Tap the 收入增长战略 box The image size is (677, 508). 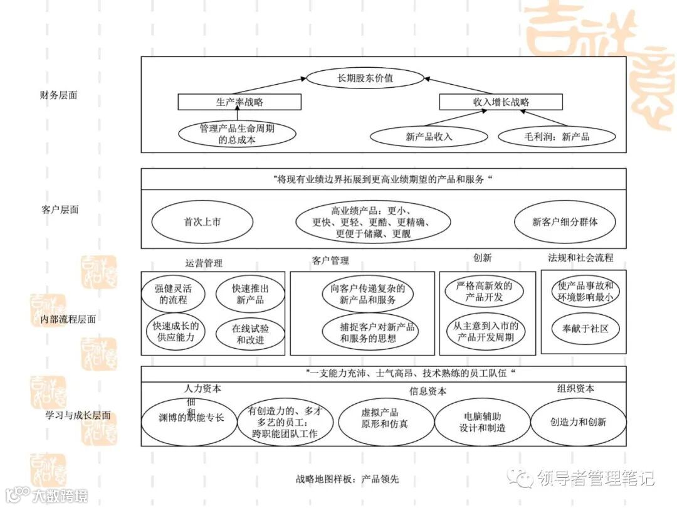point(493,102)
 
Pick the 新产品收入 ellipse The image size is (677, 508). point(429,136)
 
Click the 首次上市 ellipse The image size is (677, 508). point(202,221)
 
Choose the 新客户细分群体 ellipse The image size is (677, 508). point(565,221)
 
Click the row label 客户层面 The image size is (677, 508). point(60,209)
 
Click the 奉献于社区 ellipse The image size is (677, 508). point(585,328)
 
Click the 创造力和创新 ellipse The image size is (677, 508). point(578,421)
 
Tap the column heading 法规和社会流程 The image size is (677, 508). point(580,258)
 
